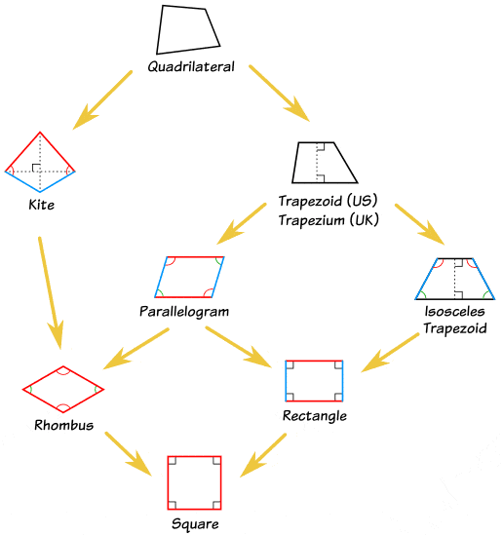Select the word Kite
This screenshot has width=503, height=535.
pos(41,206)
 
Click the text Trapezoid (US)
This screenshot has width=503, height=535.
pos(328,202)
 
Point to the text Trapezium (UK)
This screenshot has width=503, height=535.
pos(328,219)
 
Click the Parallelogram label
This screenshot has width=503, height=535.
pos(183,312)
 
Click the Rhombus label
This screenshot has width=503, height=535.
pos(63,426)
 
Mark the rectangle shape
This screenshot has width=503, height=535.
pos(314,380)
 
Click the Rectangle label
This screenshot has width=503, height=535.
pos(314,416)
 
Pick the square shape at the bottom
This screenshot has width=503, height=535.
pos(195,481)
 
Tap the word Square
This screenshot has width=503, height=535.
pos(195,523)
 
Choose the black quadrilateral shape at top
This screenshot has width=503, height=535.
pos(187,29)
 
